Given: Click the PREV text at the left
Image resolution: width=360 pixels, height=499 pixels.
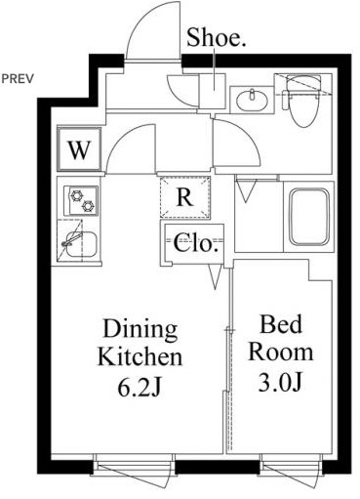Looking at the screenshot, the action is pyautogui.click(x=18, y=79).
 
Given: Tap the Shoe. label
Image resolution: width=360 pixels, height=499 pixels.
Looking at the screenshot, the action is pyautogui.click(x=216, y=38).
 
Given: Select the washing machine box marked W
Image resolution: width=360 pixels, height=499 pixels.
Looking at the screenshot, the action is pyautogui.click(x=79, y=149).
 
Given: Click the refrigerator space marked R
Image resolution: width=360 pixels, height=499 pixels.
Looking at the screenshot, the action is pyautogui.click(x=184, y=197).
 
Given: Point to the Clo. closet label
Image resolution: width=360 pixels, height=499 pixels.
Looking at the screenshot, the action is pyautogui.click(x=195, y=243).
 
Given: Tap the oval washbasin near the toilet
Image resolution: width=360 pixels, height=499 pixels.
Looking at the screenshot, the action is pyautogui.click(x=252, y=100).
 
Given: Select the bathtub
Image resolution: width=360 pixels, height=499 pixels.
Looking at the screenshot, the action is pyautogui.click(x=309, y=217).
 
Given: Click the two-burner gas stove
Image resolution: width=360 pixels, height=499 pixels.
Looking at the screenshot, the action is pyautogui.click(x=81, y=200).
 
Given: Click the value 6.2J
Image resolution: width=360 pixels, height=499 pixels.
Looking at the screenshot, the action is pyautogui.click(x=140, y=387).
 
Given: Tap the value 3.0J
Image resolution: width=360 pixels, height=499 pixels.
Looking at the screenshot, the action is pyautogui.click(x=280, y=382).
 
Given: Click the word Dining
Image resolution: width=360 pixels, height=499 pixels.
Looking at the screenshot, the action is pyautogui.click(x=140, y=329).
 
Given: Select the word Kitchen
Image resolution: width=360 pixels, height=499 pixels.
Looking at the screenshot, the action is pyautogui.click(x=140, y=356).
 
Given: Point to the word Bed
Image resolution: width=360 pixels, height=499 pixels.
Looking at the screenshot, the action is pyautogui.click(x=281, y=324).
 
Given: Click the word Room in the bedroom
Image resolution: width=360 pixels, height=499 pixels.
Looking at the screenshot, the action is pyautogui.click(x=281, y=352).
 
